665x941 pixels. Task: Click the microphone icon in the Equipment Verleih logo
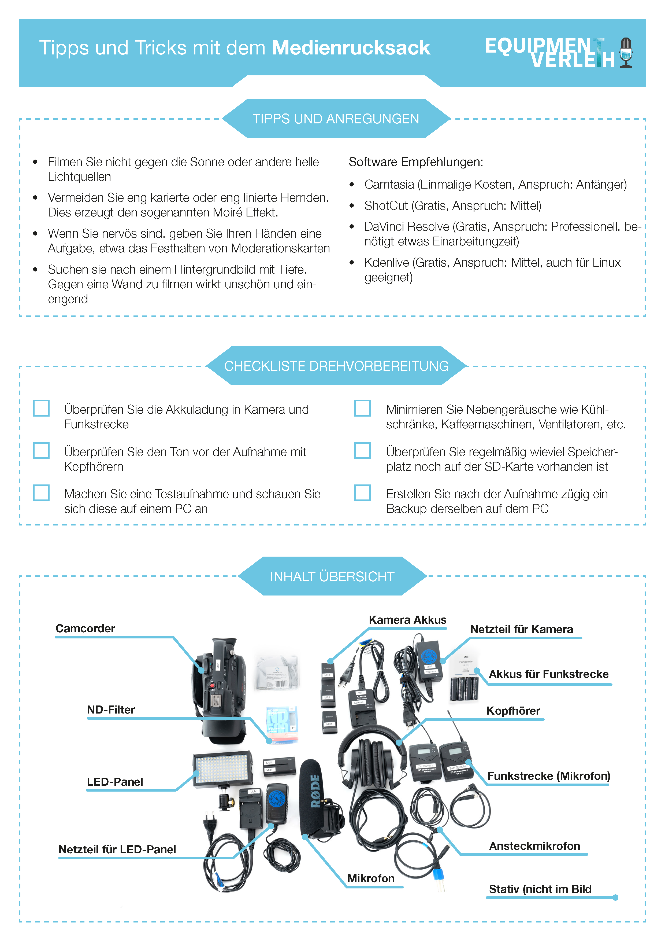(x=626, y=53)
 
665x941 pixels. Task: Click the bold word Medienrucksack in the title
(x=351, y=48)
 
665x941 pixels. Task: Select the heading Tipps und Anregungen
(x=336, y=119)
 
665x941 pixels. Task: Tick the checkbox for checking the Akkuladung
(x=41, y=408)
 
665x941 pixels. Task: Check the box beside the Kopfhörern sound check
(x=41, y=450)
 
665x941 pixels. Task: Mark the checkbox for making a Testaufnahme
(x=41, y=493)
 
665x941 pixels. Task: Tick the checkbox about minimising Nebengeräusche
(x=362, y=408)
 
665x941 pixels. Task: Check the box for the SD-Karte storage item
(x=362, y=450)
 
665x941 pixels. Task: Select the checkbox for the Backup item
(x=362, y=493)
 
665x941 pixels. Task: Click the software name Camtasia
(x=389, y=185)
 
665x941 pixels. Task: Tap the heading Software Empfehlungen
(x=416, y=162)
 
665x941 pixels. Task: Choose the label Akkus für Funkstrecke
(x=549, y=674)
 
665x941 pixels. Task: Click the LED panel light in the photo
(x=222, y=769)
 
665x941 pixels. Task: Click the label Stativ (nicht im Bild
(x=540, y=889)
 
